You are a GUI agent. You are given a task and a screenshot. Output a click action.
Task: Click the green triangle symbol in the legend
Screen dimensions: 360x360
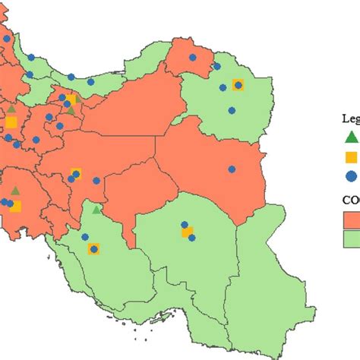coord(350,137)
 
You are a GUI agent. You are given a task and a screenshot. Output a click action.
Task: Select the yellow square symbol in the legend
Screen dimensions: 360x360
coord(350,157)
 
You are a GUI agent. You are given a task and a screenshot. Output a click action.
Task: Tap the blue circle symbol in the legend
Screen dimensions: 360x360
coord(350,176)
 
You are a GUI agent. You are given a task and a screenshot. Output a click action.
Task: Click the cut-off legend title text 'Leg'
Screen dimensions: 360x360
coord(349,118)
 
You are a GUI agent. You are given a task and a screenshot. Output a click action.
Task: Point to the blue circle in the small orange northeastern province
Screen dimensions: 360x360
coord(192,57)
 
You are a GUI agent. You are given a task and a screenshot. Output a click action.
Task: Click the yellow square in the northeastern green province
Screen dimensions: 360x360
coord(238,85)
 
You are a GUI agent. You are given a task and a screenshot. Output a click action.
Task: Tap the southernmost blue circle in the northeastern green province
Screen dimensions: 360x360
coord(232,111)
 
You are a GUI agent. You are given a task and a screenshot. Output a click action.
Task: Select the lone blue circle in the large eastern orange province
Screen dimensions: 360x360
coord(232,169)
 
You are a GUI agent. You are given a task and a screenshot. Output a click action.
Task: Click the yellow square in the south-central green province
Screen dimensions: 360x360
coord(186,232)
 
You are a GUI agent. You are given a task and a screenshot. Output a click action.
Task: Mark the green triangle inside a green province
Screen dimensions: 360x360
coord(96,209)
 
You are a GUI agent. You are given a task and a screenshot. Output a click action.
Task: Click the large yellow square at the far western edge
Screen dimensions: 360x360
coord(11,122)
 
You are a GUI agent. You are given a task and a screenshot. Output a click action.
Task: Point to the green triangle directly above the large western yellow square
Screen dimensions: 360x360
coord(11,109)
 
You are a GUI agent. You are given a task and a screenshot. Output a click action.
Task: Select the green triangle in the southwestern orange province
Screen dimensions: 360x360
coord(14,191)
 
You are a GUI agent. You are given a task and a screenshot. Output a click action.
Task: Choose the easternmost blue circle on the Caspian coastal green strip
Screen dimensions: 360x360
coord(90,81)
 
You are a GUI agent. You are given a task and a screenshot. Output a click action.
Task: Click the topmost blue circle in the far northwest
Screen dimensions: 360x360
coord(7,38)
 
